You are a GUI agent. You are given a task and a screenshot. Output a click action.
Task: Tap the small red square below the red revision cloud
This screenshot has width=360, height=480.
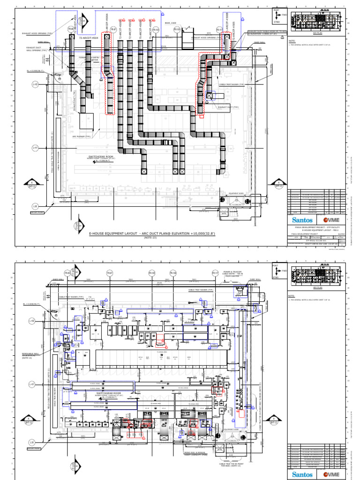(202, 116)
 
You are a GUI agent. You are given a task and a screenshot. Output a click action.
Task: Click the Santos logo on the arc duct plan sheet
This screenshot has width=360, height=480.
(302, 219)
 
